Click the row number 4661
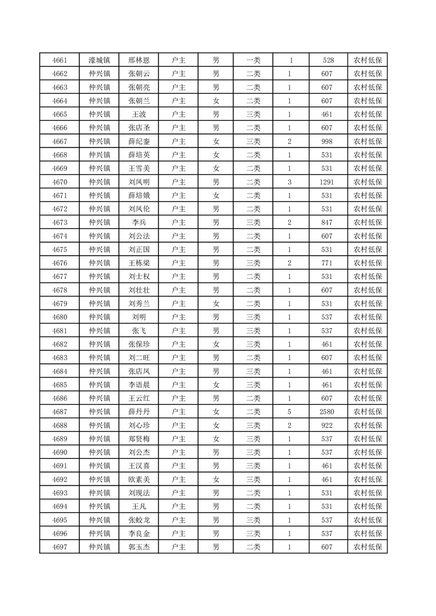[59, 60]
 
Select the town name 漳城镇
[100, 60]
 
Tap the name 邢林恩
[139, 60]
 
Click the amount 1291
[328, 182]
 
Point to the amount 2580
[328, 412]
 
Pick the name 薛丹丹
[139, 412]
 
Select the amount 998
[328, 142]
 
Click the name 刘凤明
[139, 182]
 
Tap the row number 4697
[59, 547]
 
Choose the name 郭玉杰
[139, 547]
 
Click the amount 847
[328, 222]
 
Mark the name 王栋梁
[139, 263]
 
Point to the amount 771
[328, 263]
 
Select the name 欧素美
[139, 479]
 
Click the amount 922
[328, 425]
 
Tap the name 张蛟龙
[139, 520]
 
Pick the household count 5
[289, 412]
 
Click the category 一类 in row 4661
[253, 60]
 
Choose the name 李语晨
[139, 385]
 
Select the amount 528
[328, 60]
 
